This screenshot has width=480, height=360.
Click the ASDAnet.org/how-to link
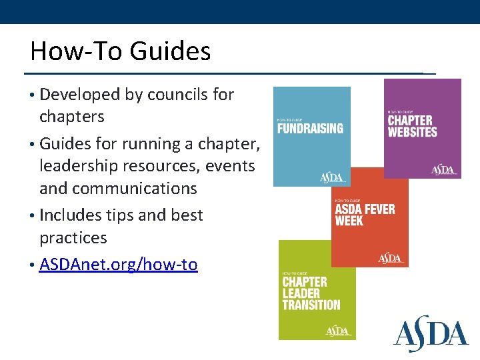coord(119,265)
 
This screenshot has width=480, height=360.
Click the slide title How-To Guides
coord(120,51)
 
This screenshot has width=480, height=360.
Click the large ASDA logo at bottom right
coord(431,335)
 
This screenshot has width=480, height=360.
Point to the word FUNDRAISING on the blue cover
coord(310,128)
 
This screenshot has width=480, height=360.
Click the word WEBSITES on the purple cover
coord(413,132)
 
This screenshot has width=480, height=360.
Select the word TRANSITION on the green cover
coord(311,305)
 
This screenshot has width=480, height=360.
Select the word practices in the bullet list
coord(73,238)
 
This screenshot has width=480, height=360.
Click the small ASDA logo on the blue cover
coord(332,177)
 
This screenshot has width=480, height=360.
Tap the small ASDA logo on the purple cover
coord(443,169)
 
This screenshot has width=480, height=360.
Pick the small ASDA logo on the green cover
coord(338,331)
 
